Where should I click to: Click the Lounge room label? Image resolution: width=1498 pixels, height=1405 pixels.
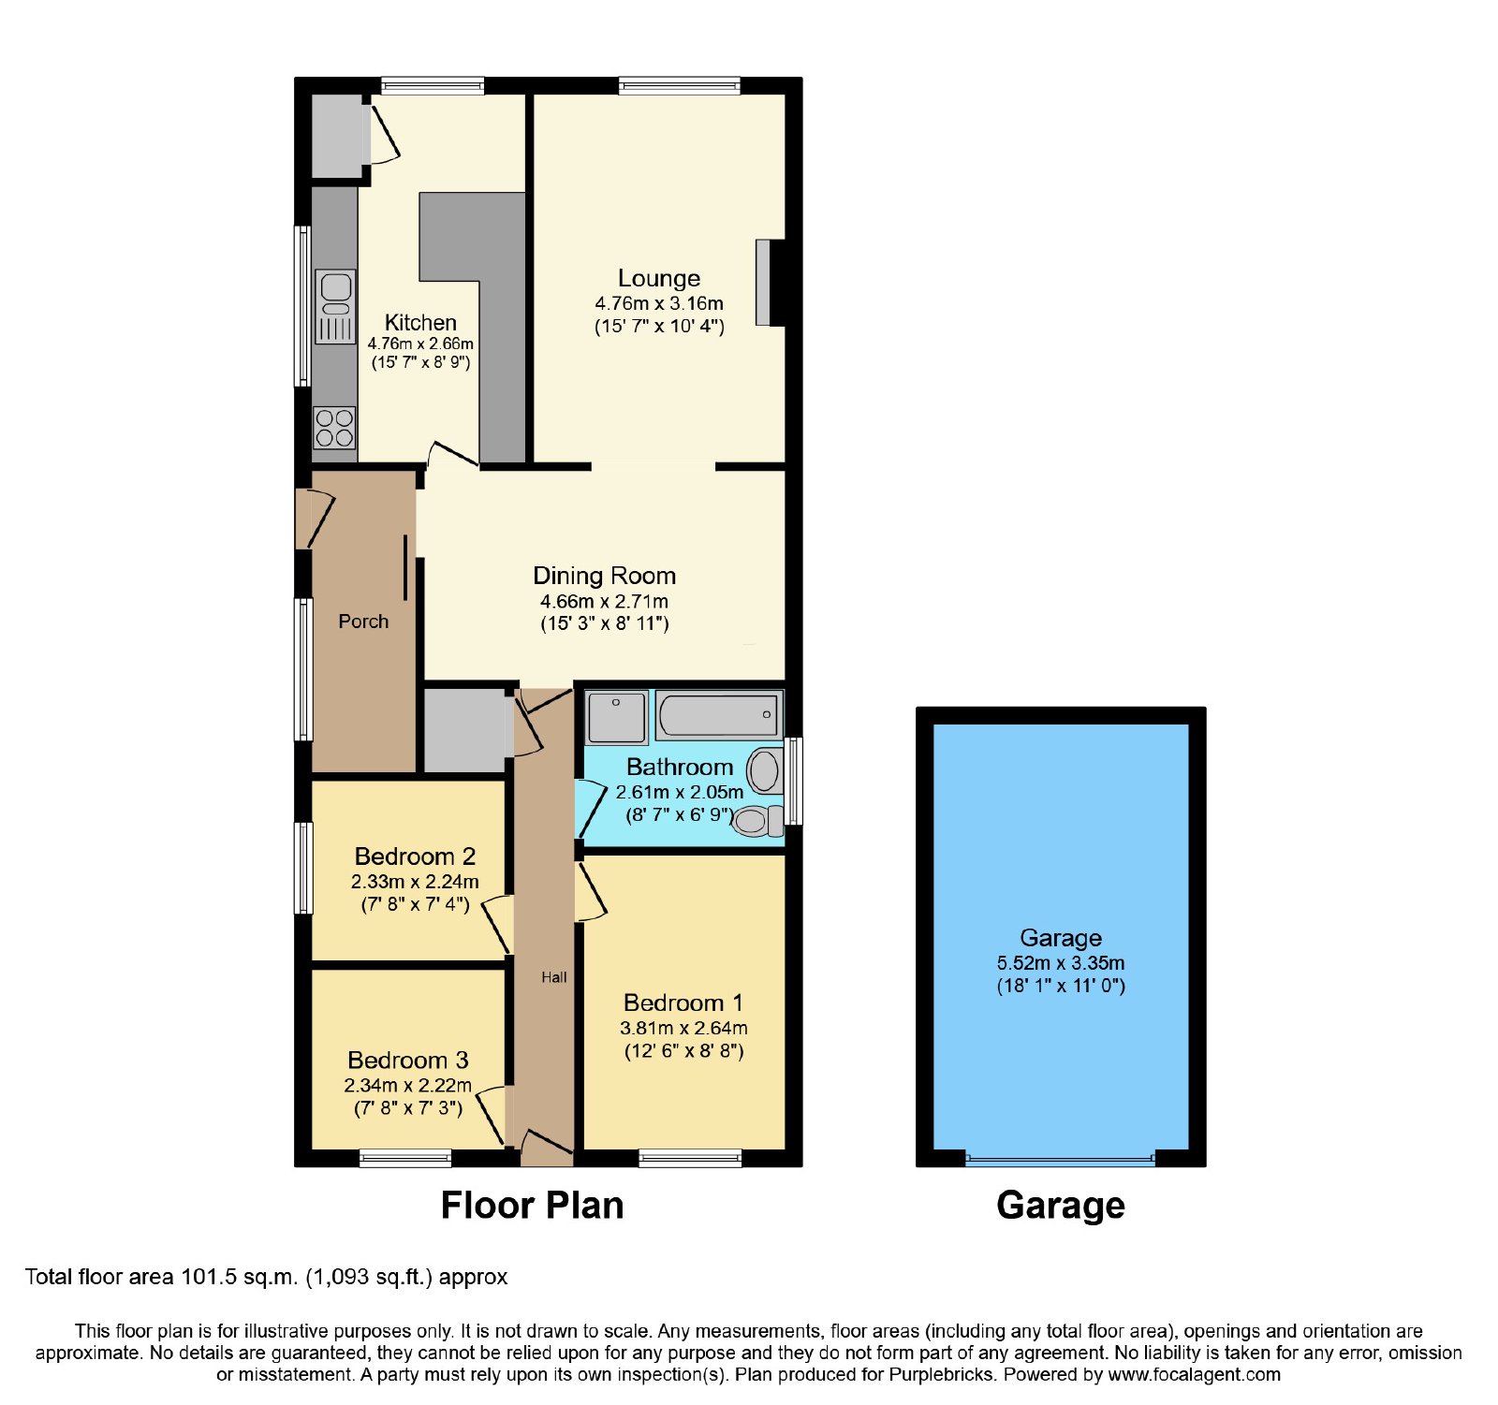pyautogui.click(x=659, y=278)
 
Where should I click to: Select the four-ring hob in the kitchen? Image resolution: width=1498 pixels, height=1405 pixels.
pyautogui.click(x=334, y=428)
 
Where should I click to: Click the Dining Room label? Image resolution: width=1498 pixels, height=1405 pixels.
pyautogui.click(x=605, y=576)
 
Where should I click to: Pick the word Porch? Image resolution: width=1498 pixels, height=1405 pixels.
pyautogui.click(x=363, y=622)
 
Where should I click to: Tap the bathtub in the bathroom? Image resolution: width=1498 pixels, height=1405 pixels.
pyautogui.click(x=717, y=716)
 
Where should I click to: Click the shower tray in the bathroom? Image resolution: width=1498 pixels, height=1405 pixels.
pyautogui.click(x=616, y=718)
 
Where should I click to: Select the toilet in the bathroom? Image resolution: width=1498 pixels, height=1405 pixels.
pyautogui.click(x=758, y=821)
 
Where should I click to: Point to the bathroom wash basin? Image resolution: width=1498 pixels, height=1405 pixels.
pyautogui.click(x=765, y=771)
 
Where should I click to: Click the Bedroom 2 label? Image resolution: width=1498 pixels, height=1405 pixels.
pyautogui.click(x=415, y=856)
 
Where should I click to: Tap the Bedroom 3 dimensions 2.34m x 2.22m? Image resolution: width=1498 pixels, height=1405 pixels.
pyautogui.click(x=408, y=1086)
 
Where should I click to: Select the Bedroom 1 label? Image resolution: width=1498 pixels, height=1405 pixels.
pyautogui.click(x=683, y=1003)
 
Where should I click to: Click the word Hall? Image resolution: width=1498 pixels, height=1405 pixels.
pyautogui.click(x=554, y=977)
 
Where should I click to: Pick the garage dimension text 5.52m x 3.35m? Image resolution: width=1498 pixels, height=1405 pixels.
pyautogui.click(x=1061, y=963)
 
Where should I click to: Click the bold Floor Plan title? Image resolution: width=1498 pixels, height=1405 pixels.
pyautogui.click(x=532, y=1206)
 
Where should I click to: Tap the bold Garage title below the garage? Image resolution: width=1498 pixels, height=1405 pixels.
pyautogui.click(x=1061, y=1207)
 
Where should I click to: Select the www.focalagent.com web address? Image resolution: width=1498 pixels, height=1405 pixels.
pyautogui.click(x=1195, y=1375)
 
